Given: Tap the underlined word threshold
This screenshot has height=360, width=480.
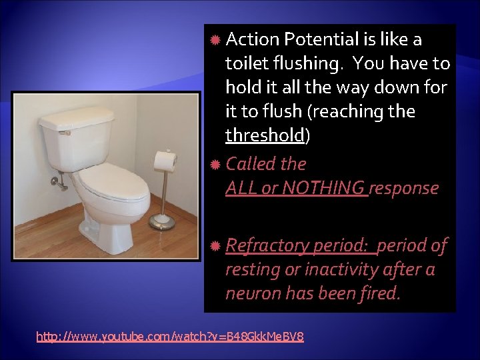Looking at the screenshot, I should click(265, 135).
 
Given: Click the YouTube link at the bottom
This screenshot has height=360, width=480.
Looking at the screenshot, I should click(170, 337).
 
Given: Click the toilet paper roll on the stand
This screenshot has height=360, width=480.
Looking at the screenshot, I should click(165, 161).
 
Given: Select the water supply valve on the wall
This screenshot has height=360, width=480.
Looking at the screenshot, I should click(58, 179).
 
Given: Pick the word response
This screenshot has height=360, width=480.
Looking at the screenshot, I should click(405, 189).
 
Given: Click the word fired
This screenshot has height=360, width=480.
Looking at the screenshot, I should click(381, 293).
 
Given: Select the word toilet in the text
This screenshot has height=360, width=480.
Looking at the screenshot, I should click(245, 64).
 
